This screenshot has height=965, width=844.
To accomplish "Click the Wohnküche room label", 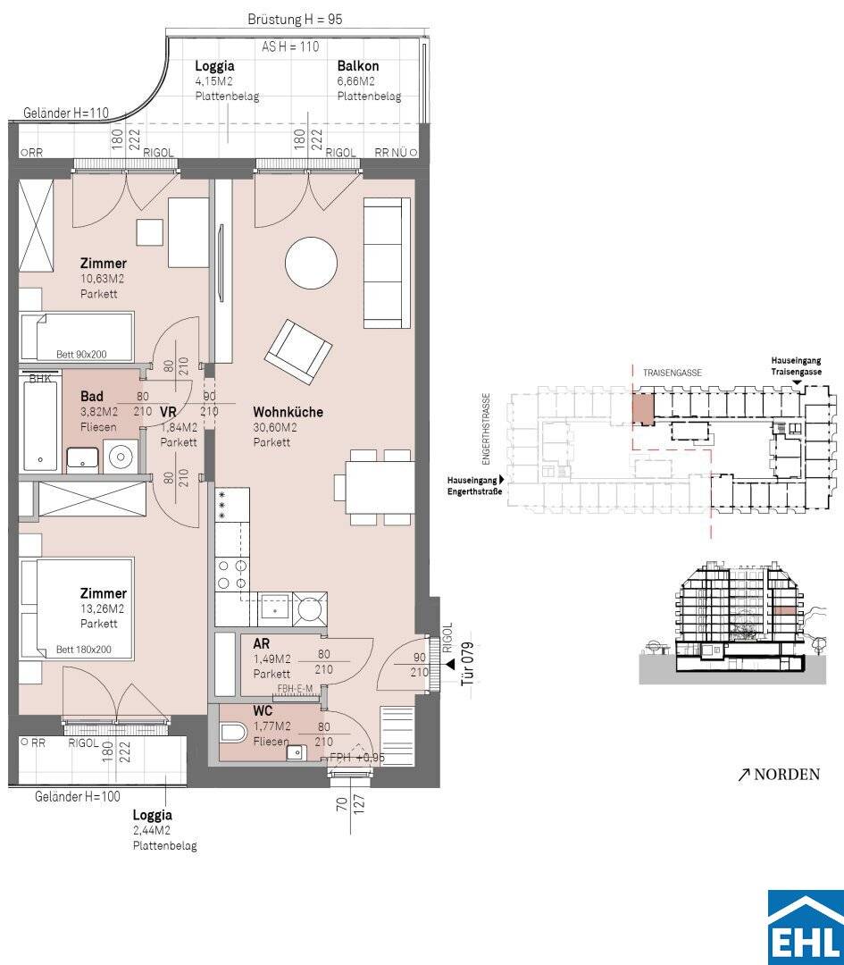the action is click(288, 412).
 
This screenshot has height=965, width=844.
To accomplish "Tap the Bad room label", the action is click(92, 397).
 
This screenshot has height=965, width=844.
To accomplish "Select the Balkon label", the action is click(358, 66).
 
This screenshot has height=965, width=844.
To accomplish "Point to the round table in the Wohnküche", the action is click(311, 264).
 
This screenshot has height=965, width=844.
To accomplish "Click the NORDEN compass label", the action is click(780, 774).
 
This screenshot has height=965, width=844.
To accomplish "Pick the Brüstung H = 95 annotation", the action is click(295, 19).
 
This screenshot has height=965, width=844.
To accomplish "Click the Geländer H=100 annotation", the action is click(78, 796).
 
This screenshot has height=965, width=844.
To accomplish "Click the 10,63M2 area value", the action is click(102, 279).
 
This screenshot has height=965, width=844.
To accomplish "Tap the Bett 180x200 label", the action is click(84, 650).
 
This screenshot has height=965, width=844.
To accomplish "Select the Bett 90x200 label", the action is click(81, 355).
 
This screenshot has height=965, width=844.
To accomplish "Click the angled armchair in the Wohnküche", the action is click(299, 351).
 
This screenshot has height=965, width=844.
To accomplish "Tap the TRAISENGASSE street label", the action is click(673, 373).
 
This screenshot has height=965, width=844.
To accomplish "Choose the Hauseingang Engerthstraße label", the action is click(475, 485).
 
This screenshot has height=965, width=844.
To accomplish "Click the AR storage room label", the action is click(262, 643).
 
